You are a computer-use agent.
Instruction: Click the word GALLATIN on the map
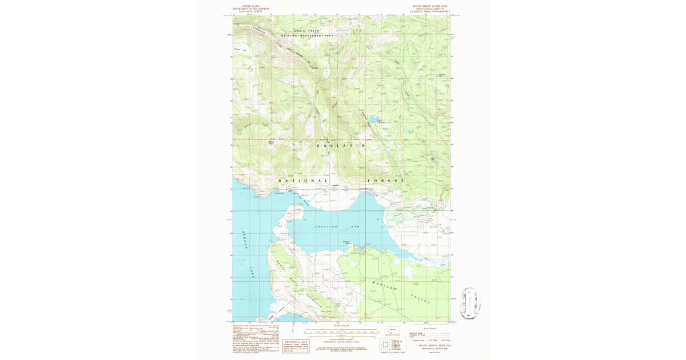[x=341, y=146]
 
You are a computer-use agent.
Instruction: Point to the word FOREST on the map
[x=389, y=181]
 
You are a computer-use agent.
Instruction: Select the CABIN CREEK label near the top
[x=306, y=30]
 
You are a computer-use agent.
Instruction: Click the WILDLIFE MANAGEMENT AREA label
[x=306, y=35]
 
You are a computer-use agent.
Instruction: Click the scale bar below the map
[x=342, y=331]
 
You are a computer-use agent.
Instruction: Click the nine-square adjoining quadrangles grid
[x=385, y=344]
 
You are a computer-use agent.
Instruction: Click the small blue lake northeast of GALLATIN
[x=372, y=120]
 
